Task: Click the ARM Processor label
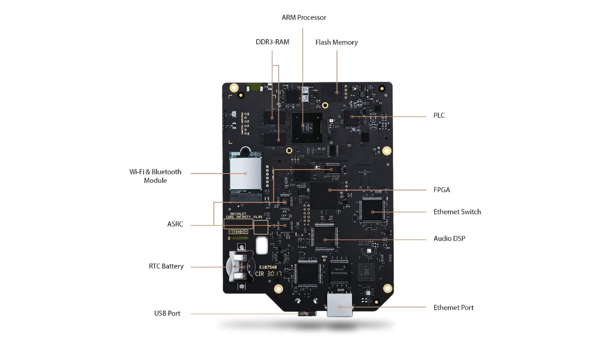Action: coord(303,18)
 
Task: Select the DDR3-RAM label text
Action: coord(273,42)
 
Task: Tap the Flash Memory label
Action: coord(336,42)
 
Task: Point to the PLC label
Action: coord(439,115)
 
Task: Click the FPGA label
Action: coord(441,190)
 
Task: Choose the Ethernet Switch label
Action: coord(457,212)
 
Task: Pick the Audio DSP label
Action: coord(449,239)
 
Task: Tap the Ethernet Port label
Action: coord(453,307)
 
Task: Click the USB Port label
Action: coord(167,313)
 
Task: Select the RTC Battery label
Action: coord(166,266)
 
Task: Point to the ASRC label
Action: coord(175,225)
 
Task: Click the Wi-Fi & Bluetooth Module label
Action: coord(155,176)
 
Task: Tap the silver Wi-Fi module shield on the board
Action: coord(246,173)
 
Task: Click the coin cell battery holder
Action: coord(240,267)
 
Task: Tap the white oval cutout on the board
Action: coord(262,245)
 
